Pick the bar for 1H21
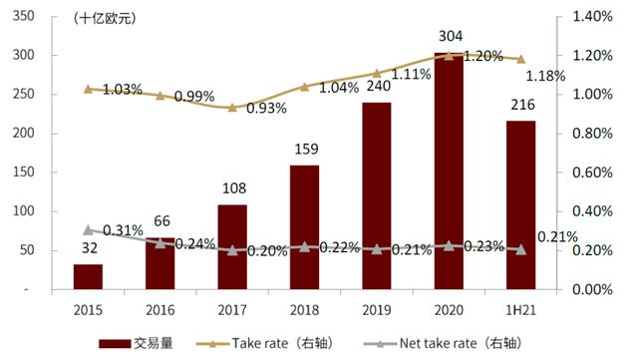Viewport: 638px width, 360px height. point(519,205)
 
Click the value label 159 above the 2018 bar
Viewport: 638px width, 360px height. point(304,151)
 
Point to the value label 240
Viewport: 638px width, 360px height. point(376,86)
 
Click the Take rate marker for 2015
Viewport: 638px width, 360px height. point(88,89)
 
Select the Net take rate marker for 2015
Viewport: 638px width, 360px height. point(88,229)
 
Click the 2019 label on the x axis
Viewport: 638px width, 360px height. point(376,307)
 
